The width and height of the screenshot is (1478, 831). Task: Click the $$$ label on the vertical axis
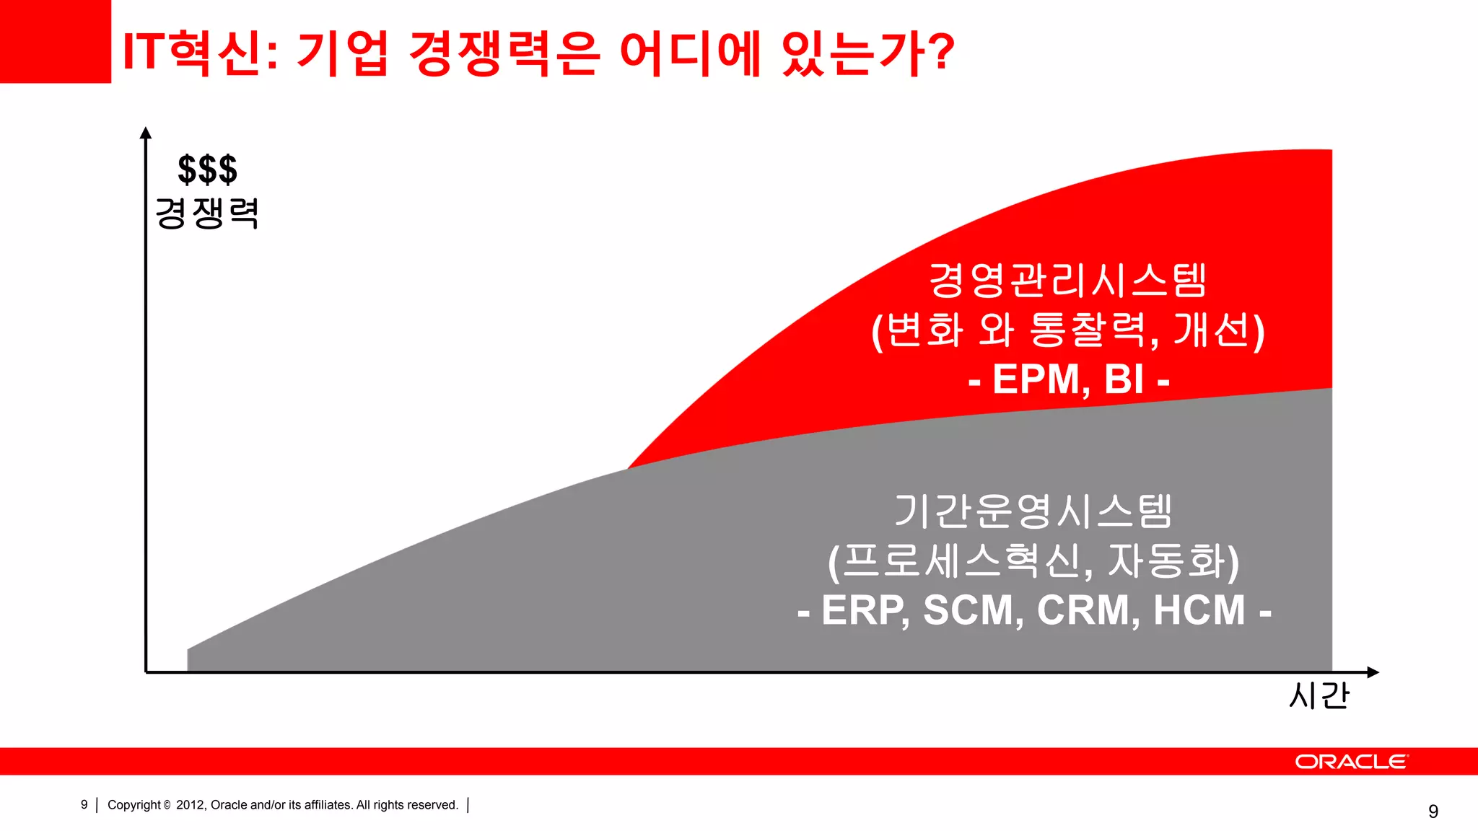207,170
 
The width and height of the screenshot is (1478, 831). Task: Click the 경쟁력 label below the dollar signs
207,214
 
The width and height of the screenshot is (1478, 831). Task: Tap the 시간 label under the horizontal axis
1319,696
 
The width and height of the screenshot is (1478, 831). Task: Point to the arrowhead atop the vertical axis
146,133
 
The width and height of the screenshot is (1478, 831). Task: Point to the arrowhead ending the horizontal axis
1373,672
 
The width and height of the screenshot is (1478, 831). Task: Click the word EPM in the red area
1036,379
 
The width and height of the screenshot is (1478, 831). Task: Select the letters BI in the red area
1124,379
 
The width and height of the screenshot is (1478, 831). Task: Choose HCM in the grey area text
1199,610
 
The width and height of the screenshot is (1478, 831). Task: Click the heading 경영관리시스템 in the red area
1067,281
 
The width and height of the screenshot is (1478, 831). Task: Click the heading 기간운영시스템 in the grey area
1033,511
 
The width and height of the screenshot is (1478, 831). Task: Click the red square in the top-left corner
55,41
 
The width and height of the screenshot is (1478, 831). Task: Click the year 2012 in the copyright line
191,805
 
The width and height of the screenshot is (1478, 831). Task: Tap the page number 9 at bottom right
1433,812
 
